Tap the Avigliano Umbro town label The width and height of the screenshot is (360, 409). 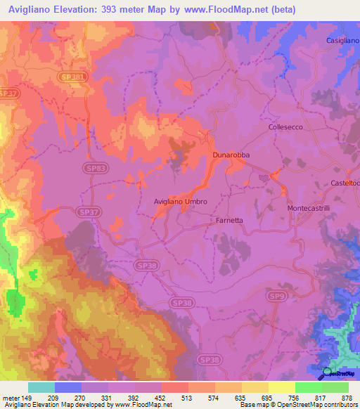tap(181, 202)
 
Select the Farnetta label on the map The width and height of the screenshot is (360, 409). tap(229, 220)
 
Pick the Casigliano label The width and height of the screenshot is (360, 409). tap(342, 41)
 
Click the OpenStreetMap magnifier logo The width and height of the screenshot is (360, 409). tap(328, 374)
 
